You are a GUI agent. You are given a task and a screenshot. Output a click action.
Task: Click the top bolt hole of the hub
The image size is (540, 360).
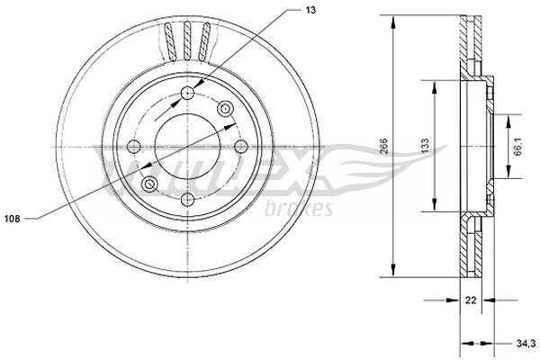(x=187, y=94)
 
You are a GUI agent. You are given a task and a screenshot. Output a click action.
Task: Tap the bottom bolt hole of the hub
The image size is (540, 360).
(x=187, y=200)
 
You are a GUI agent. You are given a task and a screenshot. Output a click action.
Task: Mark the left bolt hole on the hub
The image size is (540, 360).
(x=134, y=148)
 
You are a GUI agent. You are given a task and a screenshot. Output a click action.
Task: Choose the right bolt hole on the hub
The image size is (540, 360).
(x=240, y=148)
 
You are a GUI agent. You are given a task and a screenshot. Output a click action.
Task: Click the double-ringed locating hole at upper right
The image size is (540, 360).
(x=224, y=110)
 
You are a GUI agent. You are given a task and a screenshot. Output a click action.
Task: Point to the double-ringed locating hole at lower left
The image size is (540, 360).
(x=150, y=184)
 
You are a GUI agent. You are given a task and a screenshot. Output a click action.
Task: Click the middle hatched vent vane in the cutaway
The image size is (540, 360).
(x=187, y=40)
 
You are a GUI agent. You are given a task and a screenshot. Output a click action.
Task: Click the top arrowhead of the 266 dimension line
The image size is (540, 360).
(x=393, y=20)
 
